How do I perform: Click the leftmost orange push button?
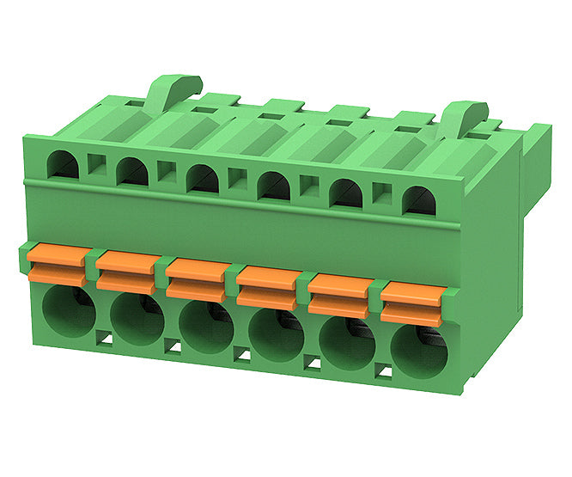click(57, 265)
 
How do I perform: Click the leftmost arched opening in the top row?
click(63, 163)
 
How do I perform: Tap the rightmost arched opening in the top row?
click(420, 201)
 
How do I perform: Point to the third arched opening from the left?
click(203, 178)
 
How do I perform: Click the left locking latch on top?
click(173, 89)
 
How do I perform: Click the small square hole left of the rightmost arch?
click(383, 195)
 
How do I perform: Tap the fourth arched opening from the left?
click(274, 186)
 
